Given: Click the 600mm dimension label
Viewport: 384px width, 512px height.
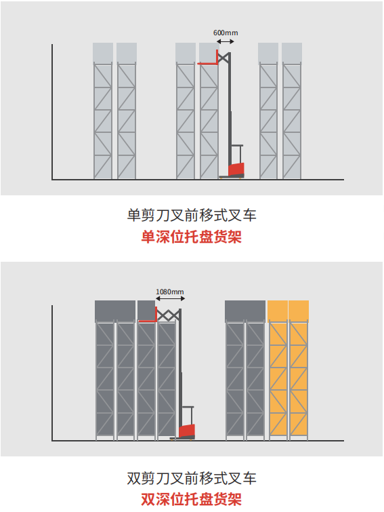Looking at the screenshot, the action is click(x=226, y=33).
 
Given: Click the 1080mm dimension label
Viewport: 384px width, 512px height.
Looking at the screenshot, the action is click(x=170, y=292).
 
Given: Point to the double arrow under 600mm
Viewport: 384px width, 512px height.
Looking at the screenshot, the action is click(x=226, y=41).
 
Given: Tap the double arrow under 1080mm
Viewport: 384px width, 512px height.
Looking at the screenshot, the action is click(x=170, y=298).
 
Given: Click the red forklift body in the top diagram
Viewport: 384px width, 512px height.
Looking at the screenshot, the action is click(x=236, y=170).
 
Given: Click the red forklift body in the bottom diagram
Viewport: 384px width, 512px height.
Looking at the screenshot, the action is click(x=187, y=431).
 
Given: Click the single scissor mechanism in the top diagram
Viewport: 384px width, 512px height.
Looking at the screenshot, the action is click(x=223, y=58).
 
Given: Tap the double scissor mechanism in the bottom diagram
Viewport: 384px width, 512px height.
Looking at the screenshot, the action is click(x=168, y=315).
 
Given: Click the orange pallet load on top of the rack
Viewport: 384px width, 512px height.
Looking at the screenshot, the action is click(x=288, y=311).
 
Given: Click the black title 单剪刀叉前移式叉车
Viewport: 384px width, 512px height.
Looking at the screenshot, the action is click(x=192, y=215).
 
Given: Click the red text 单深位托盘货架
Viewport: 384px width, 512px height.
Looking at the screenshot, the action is click(x=192, y=237).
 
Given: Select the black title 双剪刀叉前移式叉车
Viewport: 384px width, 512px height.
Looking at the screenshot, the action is click(x=192, y=478).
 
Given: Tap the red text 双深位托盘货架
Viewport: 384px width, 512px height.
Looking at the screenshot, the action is click(x=192, y=500).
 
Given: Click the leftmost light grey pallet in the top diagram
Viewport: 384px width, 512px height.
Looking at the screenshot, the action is click(x=103, y=53).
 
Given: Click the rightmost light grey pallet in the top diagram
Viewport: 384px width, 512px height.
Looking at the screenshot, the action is click(x=292, y=53).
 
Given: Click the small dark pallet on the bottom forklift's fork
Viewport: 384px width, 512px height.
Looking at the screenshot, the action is click(x=146, y=311).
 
